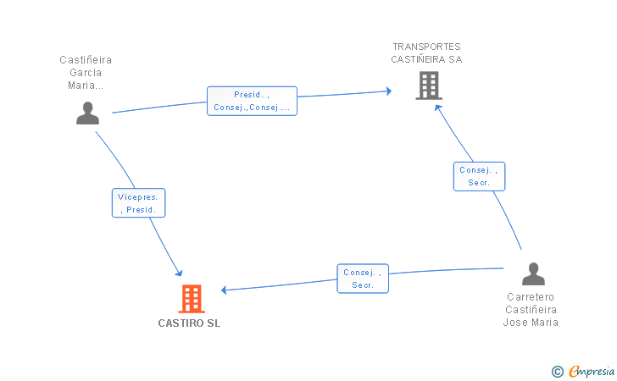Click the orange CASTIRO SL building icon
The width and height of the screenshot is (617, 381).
pyautogui.click(x=192, y=298)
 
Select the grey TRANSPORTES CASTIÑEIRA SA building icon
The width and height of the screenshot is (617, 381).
pyautogui.click(x=429, y=86)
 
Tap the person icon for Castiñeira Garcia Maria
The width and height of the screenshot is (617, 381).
pyautogui.click(x=88, y=113)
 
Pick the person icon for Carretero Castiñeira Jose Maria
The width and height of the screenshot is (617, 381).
pyautogui.click(x=534, y=273)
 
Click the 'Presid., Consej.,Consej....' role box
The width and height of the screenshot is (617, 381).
pyautogui.click(x=252, y=101)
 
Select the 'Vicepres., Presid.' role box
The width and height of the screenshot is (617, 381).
pyautogui.click(x=138, y=203)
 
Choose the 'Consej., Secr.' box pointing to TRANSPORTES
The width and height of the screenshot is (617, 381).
pyautogui.click(x=480, y=177)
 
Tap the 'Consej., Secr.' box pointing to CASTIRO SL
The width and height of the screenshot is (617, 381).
pyautogui.click(x=363, y=279)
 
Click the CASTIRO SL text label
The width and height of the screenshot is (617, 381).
pyautogui.click(x=189, y=323)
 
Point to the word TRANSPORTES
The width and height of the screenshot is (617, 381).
pyautogui.click(x=426, y=47)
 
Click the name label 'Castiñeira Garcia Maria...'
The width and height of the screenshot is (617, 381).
pyautogui.click(x=86, y=72)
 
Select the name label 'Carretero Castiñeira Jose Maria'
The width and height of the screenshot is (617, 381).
pyautogui.click(x=531, y=309)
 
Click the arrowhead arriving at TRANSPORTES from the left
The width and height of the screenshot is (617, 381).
pyautogui.click(x=389, y=91)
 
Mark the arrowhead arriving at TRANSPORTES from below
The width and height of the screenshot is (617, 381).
pyautogui.click(x=437, y=108)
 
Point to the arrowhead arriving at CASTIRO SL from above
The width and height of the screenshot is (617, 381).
pyautogui.click(x=180, y=273)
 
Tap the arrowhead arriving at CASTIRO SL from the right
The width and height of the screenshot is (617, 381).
pyautogui.click(x=224, y=290)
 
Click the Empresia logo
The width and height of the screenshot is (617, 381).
pyautogui.click(x=592, y=371)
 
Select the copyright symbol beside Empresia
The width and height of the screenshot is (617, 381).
pyautogui.click(x=558, y=372)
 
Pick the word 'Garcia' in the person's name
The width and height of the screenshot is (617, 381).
pyautogui.click(x=86, y=72)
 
